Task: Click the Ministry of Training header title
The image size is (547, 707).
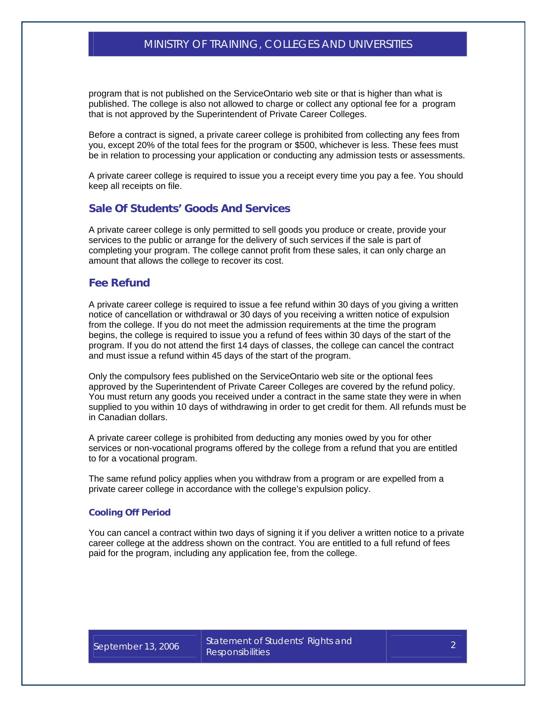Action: point(278,45)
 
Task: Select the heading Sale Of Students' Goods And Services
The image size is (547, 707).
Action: point(189,209)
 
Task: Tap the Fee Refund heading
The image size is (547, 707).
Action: point(119,283)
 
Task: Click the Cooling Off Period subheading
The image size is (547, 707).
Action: point(129,513)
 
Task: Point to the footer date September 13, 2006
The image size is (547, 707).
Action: point(136,647)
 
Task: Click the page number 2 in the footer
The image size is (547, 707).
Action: point(453,645)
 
